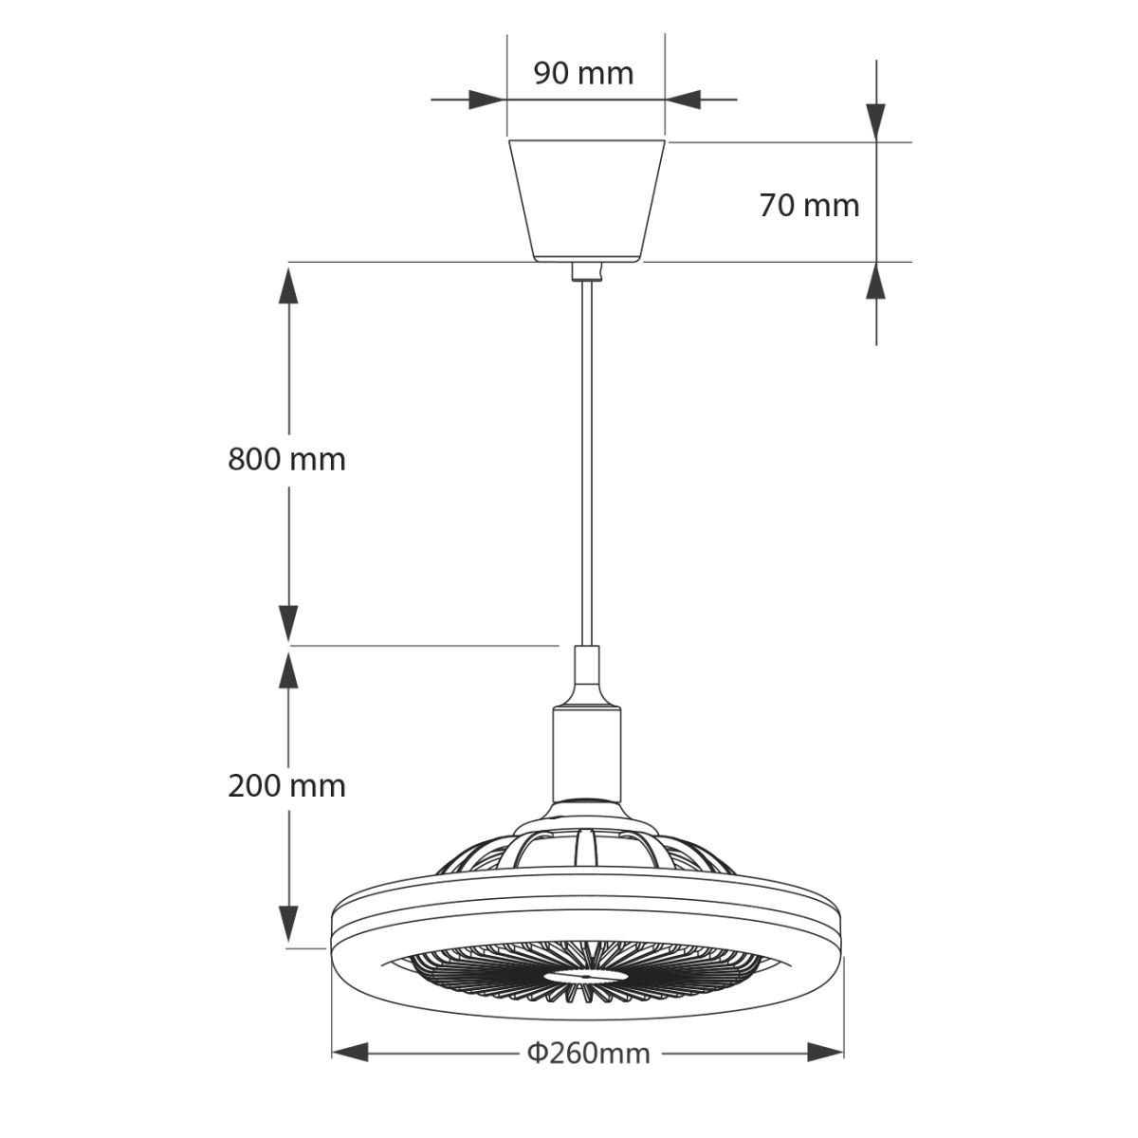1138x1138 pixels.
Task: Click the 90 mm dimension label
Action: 582,73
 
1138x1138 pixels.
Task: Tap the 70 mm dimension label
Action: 808,205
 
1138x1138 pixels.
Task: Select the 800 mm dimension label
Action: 286,459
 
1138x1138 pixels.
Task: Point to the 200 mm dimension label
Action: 286,785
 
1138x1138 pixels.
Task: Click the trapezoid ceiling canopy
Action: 588,199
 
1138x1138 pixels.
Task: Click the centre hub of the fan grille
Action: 584,974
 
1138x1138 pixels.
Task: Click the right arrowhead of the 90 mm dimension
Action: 682,99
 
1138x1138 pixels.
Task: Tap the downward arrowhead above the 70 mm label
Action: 876,121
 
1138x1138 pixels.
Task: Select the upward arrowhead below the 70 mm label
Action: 876,282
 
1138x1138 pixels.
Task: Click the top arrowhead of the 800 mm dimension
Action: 288,284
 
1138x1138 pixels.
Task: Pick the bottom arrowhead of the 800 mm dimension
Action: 288,624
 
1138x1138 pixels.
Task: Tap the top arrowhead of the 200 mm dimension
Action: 288,668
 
